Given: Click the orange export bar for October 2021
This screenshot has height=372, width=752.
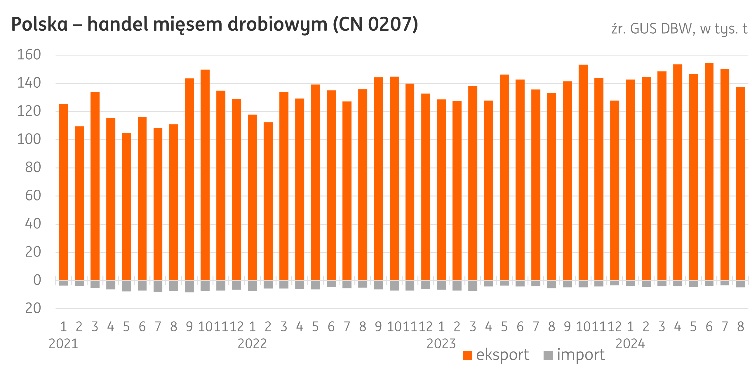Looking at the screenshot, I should [205, 175].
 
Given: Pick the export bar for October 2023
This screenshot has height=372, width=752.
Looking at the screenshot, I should [583, 173].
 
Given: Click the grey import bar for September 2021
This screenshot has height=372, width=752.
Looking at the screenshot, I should [189, 286].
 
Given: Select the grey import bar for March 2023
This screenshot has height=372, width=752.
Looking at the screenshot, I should [473, 286].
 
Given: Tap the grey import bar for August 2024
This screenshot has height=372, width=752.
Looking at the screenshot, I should [741, 284].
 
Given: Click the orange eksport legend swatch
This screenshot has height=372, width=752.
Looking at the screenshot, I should [467, 355].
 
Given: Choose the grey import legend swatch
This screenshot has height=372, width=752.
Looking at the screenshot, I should [549, 355].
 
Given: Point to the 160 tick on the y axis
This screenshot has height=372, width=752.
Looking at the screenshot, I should [29, 55].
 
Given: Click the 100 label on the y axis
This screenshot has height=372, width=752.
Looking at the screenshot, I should [29, 140].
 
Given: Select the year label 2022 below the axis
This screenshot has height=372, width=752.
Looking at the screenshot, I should [252, 344].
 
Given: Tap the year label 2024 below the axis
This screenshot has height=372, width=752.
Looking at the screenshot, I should [630, 344].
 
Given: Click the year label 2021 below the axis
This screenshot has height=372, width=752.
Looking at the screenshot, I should [63, 344].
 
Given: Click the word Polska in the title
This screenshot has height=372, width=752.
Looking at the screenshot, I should [39, 25].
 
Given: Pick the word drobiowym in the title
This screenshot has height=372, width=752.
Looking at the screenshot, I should [277, 25].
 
